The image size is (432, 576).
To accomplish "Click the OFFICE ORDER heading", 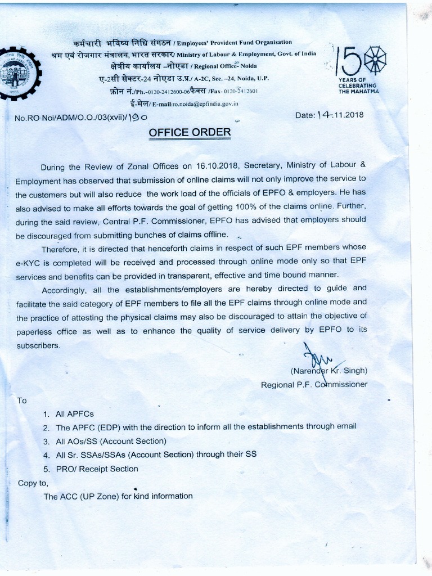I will coord(190,133).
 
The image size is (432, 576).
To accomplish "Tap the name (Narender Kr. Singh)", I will coord(328,371).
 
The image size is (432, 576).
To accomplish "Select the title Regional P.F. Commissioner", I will coord(314,385).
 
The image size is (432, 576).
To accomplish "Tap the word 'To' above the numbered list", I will coord(22,401).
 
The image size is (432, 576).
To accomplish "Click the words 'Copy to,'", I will coord(33,483).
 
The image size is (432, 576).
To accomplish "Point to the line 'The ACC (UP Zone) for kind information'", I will coord(118,496).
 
